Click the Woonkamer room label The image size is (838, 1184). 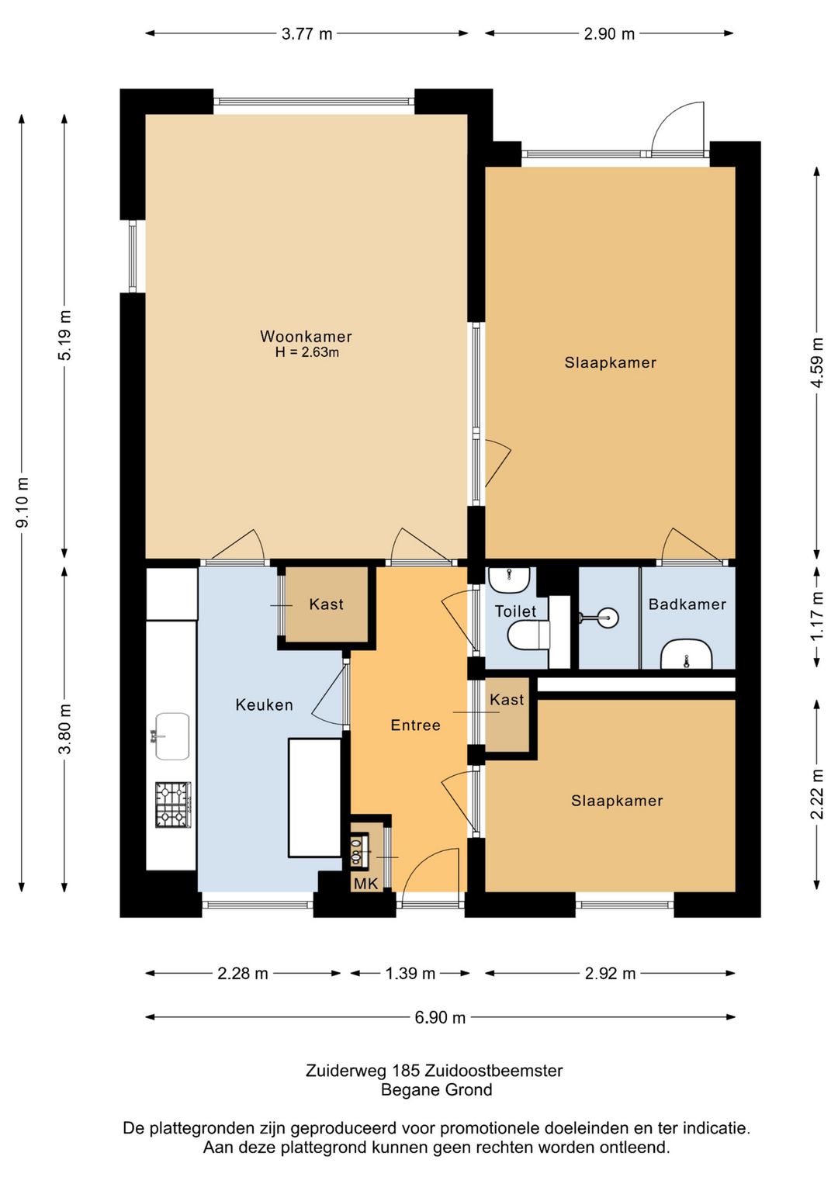pyautogui.click(x=306, y=336)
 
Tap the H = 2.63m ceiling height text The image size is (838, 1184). pyautogui.click(x=306, y=352)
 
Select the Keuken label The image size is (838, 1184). pyautogui.click(x=264, y=705)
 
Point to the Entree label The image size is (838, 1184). pyautogui.click(x=415, y=725)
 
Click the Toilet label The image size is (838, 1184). pyautogui.click(x=515, y=611)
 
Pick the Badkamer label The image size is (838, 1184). pyautogui.click(x=687, y=604)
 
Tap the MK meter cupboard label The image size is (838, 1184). pyautogui.click(x=366, y=883)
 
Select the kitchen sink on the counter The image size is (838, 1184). pyautogui.click(x=171, y=736)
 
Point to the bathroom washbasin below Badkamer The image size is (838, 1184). pyautogui.click(x=686, y=654)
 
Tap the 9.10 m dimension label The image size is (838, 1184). pyautogui.click(x=23, y=502)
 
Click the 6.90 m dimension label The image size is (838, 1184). pyautogui.click(x=440, y=1017)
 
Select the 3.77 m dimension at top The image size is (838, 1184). pyautogui.click(x=306, y=34)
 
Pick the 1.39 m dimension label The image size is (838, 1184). pyautogui.click(x=410, y=973)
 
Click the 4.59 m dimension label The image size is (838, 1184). pyautogui.click(x=817, y=362)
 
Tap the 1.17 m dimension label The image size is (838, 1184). pyautogui.click(x=817, y=616)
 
